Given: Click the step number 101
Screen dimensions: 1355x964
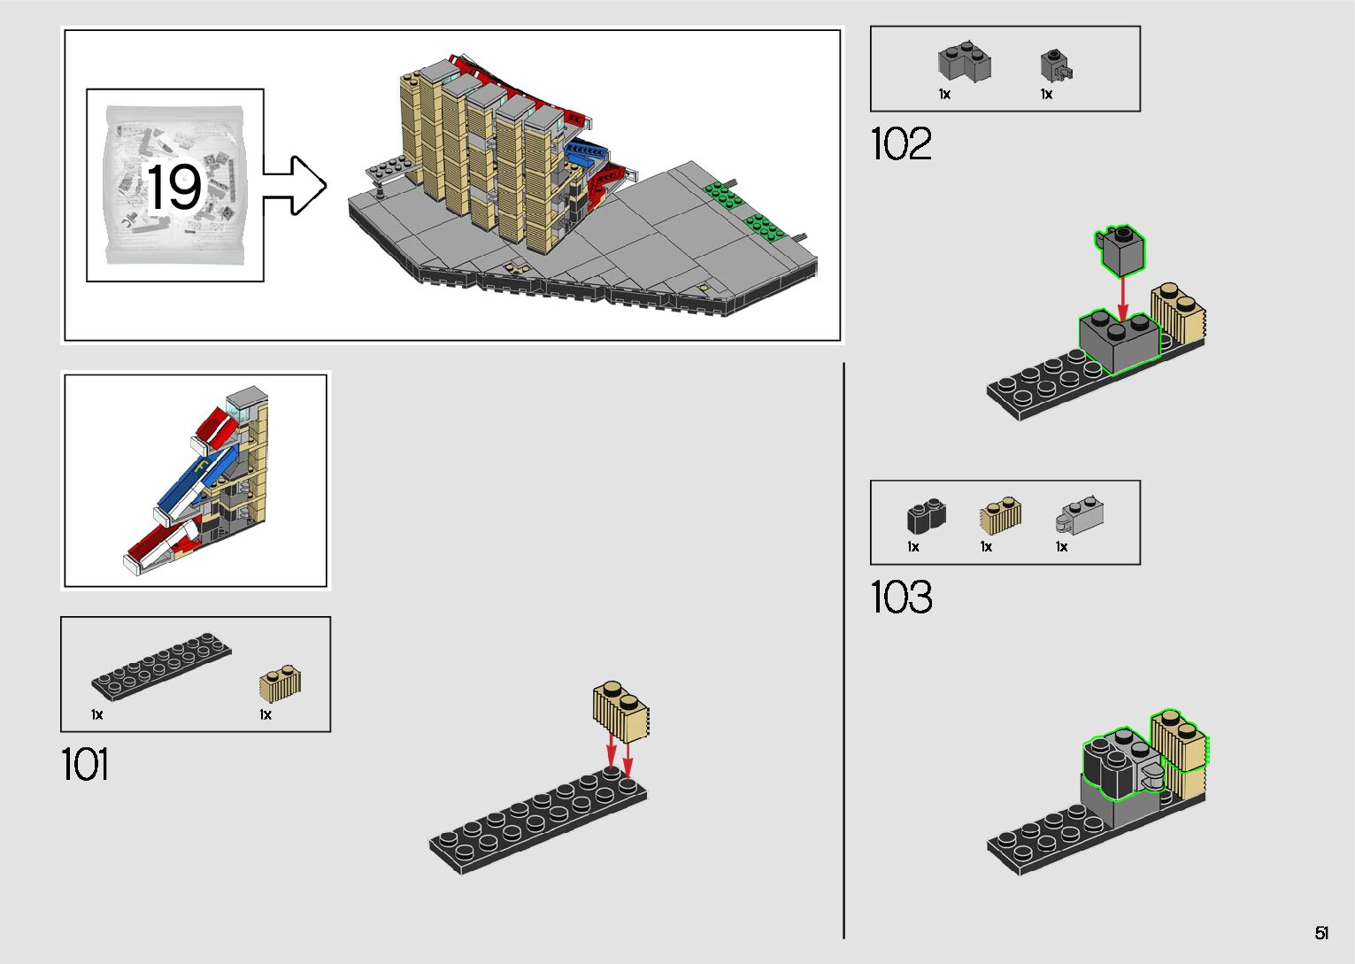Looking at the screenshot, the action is [85, 764].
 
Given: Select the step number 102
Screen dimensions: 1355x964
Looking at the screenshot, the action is [901, 143].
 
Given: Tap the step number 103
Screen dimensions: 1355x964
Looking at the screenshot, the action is [901, 598].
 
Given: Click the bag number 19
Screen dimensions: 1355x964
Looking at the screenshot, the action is [174, 187].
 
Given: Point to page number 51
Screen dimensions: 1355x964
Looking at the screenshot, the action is [1321, 933].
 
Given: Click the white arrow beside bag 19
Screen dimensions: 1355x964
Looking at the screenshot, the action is [296, 186].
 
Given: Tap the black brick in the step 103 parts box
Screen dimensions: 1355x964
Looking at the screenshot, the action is [926, 515].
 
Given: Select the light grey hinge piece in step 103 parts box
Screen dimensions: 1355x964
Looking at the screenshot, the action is [1079, 516].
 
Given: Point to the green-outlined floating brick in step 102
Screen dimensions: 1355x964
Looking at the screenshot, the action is [1120, 250].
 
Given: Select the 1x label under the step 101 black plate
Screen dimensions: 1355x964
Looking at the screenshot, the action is [96, 714].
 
